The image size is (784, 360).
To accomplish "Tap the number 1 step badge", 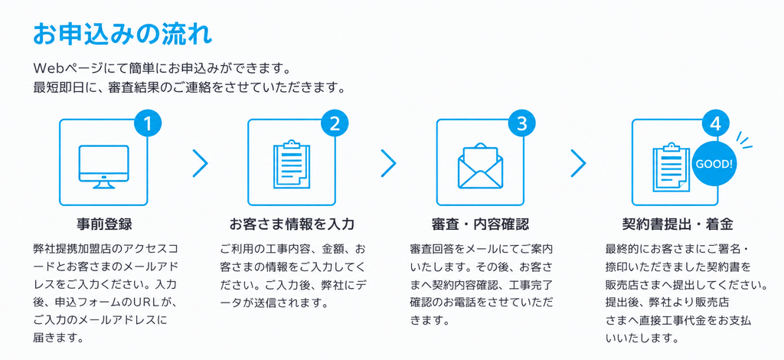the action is (148, 123).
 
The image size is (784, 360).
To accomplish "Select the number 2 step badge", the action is (335, 123).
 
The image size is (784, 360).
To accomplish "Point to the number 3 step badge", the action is (521, 123).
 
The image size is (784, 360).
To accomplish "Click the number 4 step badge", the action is (716, 123).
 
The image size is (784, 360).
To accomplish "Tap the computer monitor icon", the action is (103, 166).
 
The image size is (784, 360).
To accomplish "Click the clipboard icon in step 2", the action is (292, 165).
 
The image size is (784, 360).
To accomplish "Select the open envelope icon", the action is (480, 166).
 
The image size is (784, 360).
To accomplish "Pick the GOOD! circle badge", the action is (714, 164).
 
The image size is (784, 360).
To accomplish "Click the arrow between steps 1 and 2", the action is (200, 163).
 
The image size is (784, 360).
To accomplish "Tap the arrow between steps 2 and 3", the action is (388, 163).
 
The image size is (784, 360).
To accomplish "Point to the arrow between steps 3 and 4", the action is (578, 163).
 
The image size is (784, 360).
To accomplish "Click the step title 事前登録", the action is (104, 224).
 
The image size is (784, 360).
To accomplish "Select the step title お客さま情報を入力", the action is (292, 224).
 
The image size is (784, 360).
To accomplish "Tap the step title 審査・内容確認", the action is (479, 224).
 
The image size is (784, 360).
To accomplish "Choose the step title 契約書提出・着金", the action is (678, 224).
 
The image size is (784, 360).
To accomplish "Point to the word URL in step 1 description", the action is (145, 303).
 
